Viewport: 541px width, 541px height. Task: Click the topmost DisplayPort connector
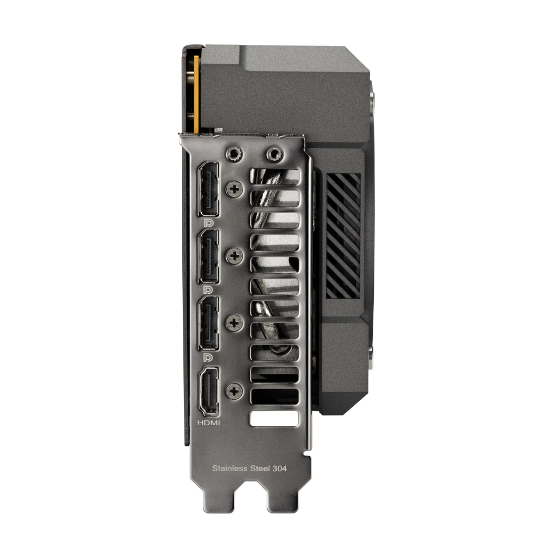click(209, 189)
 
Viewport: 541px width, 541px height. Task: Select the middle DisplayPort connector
click(209, 256)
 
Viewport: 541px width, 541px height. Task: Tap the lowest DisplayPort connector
click(209, 324)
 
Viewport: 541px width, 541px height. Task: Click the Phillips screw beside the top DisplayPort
click(234, 189)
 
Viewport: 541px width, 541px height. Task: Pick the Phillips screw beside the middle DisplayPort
click(234, 256)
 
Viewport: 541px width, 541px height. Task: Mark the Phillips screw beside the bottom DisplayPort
click(234, 323)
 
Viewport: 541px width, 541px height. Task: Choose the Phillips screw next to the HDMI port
click(234, 391)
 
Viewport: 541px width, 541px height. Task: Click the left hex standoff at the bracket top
click(234, 154)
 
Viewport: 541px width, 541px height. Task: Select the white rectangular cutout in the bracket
click(274, 418)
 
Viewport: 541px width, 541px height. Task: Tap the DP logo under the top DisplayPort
click(207, 222)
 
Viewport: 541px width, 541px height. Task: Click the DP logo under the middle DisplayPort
click(207, 290)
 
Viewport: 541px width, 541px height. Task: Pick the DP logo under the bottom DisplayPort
click(207, 358)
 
